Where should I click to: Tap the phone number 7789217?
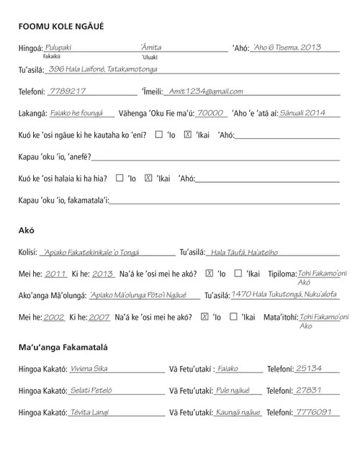coord(68,91)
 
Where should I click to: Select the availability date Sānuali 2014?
coord(302,113)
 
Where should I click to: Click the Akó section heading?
coord(27,230)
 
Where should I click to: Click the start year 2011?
coord(55,274)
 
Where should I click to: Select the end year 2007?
coord(99,317)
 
